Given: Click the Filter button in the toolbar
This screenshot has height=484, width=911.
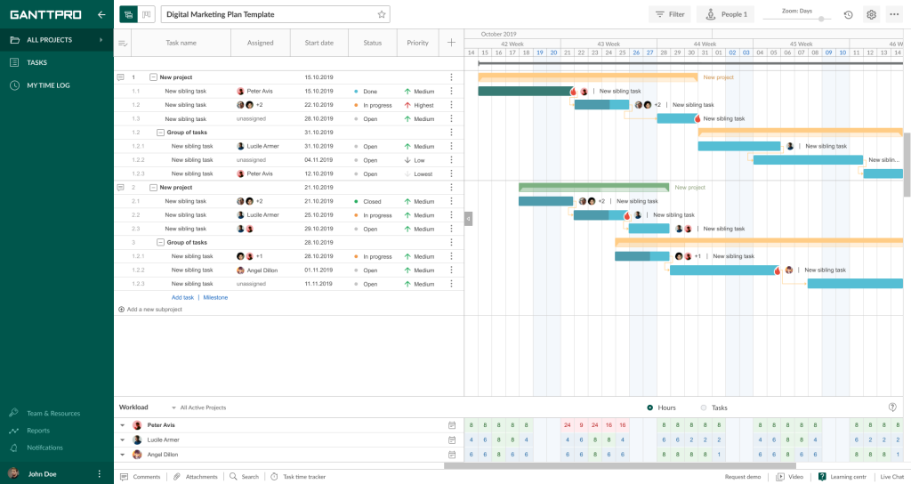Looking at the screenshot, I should point(670,14).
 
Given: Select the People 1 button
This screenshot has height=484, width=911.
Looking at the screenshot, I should point(725,14).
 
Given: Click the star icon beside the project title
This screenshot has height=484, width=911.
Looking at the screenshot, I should point(382,14).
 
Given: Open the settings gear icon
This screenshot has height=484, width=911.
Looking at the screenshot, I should point(871,14).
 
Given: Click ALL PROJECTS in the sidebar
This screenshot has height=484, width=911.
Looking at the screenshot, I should point(49,40).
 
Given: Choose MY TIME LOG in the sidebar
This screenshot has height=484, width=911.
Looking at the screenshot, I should point(48,85).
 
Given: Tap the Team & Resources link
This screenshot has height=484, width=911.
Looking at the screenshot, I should point(53,413).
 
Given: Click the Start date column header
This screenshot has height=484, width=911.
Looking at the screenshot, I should point(318,43).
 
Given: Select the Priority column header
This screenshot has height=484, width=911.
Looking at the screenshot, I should point(417,43).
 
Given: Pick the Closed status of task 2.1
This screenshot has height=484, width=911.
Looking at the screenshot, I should point(371,201).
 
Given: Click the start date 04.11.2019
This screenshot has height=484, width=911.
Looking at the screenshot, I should point(318,160).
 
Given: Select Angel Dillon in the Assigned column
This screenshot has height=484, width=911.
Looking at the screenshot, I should point(262,270).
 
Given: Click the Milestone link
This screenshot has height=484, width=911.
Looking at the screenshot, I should point(215,297).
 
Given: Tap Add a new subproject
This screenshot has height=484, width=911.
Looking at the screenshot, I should point(154,310).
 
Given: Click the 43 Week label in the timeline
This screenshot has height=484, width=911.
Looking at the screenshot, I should point(609,44).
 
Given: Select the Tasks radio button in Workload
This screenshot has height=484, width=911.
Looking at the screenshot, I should point(704,407).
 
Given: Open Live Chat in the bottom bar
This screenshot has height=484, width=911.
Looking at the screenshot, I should point(891,477).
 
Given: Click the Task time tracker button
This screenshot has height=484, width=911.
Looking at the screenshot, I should point(303,477).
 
